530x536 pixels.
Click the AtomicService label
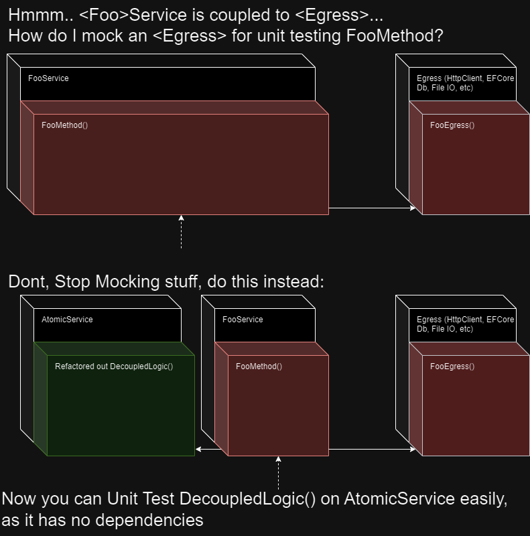click(67, 320)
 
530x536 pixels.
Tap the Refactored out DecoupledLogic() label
click(114, 366)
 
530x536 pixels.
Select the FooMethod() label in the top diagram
click(64, 125)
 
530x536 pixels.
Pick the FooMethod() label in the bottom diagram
click(259, 366)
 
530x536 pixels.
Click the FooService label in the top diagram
click(48, 78)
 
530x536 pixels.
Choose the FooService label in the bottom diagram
click(243, 320)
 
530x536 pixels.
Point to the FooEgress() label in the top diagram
click(452, 125)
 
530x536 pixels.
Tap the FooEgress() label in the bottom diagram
click(452, 366)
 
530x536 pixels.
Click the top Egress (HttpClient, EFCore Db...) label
click(465, 82)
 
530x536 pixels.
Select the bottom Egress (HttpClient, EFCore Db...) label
click(465, 324)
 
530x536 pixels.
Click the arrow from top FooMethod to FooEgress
click(372, 208)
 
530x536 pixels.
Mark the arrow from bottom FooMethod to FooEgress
click(372, 449)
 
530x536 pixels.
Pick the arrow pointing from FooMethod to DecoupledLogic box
click(208, 449)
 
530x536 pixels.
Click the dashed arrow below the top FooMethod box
click(181, 232)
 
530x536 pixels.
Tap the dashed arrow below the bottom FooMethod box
click(278, 473)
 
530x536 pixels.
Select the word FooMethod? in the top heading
click(395, 36)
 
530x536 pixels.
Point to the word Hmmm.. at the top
click(41, 15)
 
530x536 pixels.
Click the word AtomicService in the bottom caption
click(399, 498)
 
